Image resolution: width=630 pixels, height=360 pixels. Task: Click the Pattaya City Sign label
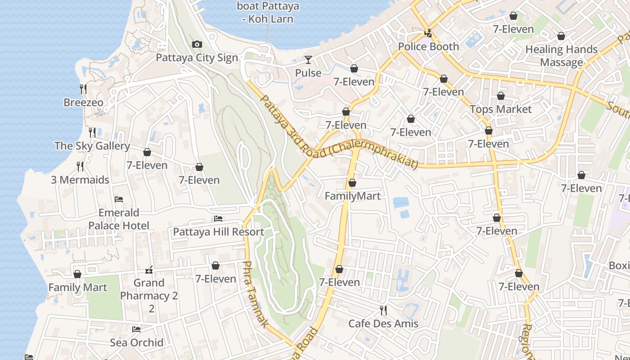(x=197, y=58)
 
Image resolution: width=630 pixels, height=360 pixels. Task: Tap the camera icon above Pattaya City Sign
(x=197, y=44)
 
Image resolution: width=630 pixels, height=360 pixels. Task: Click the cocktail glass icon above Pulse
(x=308, y=59)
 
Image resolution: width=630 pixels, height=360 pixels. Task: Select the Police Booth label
(x=428, y=46)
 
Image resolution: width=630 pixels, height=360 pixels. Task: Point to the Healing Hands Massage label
(x=561, y=56)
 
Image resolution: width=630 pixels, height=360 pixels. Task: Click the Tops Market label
(x=500, y=109)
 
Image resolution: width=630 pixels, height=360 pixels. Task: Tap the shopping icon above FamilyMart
(x=352, y=183)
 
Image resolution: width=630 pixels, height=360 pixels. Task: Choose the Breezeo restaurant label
(x=83, y=103)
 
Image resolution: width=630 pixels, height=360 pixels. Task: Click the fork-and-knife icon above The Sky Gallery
(x=92, y=132)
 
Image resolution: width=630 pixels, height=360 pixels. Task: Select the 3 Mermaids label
(x=80, y=180)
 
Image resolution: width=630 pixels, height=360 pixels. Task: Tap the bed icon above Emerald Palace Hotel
(x=119, y=199)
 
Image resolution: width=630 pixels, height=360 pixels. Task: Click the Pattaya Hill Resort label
(x=218, y=232)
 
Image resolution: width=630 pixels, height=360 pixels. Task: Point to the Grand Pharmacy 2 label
(x=149, y=289)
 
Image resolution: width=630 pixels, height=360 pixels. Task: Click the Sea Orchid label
(x=136, y=342)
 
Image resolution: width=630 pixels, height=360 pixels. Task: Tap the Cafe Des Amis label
(x=383, y=324)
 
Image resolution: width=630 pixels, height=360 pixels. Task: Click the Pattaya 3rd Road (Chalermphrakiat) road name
(x=339, y=134)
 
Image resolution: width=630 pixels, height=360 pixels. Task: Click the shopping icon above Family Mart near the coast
(x=77, y=274)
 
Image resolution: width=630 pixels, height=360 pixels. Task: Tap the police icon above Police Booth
(x=428, y=33)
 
